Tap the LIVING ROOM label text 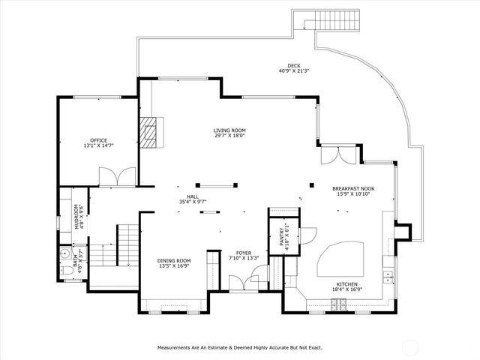click(x=229, y=130)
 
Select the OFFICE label click(x=98, y=140)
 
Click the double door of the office click(x=117, y=176)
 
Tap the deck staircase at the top click(x=325, y=22)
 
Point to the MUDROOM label click(x=76, y=217)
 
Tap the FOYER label click(x=244, y=253)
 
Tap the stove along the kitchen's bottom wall click(x=340, y=304)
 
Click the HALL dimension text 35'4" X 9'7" click(x=192, y=201)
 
